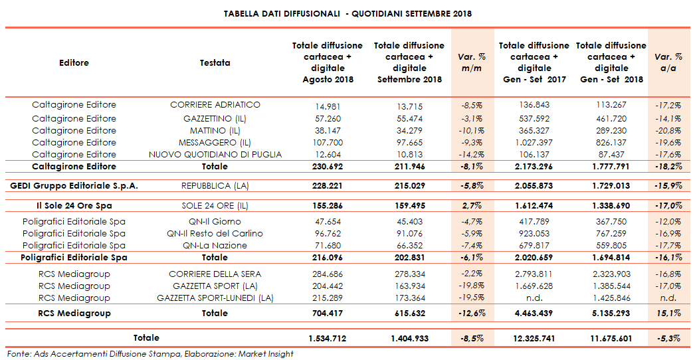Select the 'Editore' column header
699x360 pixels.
tap(74, 63)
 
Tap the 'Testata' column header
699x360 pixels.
tap(215, 63)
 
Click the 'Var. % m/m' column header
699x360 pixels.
tap(472, 62)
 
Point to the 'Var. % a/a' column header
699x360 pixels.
tap(668, 62)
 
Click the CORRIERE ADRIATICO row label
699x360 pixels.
tap(215, 105)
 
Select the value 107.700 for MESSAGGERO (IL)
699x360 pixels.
tap(328, 143)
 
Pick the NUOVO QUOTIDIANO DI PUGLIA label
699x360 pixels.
tap(215, 155)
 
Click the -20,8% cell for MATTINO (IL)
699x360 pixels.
tap(668, 131)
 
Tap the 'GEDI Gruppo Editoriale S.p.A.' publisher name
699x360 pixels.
tap(74, 186)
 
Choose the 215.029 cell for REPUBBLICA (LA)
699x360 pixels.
tap(409, 186)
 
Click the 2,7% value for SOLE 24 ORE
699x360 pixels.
tap(472, 205)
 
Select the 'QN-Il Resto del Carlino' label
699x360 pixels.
tap(215, 233)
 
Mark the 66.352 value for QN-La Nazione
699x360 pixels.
tap(409, 246)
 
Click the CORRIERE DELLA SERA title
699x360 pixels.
tap(215, 274)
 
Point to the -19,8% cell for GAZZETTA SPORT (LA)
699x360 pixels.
tap(472, 286)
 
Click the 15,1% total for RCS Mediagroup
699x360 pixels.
tap(668, 313)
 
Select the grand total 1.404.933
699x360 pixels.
tap(409, 339)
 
